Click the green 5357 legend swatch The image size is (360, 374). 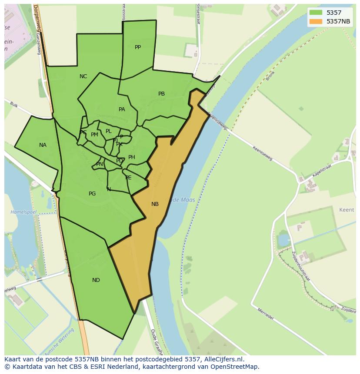[316, 13]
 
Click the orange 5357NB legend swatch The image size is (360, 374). [316, 21]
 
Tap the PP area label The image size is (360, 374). [138, 47]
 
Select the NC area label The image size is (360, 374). [83, 76]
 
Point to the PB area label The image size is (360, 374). [161, 94]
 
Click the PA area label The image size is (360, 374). [122, 109]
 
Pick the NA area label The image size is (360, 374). [43, 145]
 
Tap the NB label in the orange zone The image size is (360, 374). [155, 204]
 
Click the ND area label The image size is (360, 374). [96, 280]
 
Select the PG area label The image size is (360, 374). [92, 194]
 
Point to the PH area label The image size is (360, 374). [132, 157]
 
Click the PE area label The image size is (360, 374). [128, 178]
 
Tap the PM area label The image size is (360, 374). [94, 135]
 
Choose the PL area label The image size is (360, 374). [109, 131]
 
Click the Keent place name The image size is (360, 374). [347, 210]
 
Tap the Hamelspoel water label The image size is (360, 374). [23, 212]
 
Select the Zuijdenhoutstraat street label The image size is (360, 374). [300, 266]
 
